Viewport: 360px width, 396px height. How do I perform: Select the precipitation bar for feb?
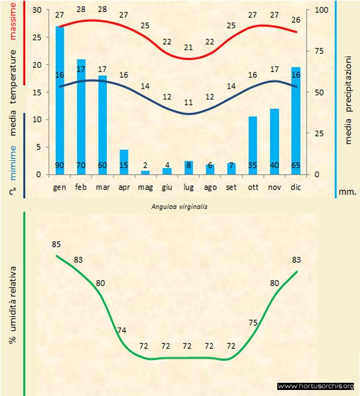81,117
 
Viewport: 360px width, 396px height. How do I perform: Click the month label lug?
188,187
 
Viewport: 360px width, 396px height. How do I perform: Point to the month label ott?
253,187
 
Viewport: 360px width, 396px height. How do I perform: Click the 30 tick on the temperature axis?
37,10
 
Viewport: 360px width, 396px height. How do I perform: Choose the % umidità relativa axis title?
12,306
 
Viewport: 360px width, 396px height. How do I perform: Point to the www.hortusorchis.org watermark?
316,386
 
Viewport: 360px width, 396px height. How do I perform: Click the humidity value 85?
56,244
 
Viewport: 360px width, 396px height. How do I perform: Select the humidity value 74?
122,330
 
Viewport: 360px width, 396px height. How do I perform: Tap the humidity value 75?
253,322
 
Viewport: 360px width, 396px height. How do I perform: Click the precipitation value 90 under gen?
60,166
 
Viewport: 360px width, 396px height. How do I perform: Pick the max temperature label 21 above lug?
188,47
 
